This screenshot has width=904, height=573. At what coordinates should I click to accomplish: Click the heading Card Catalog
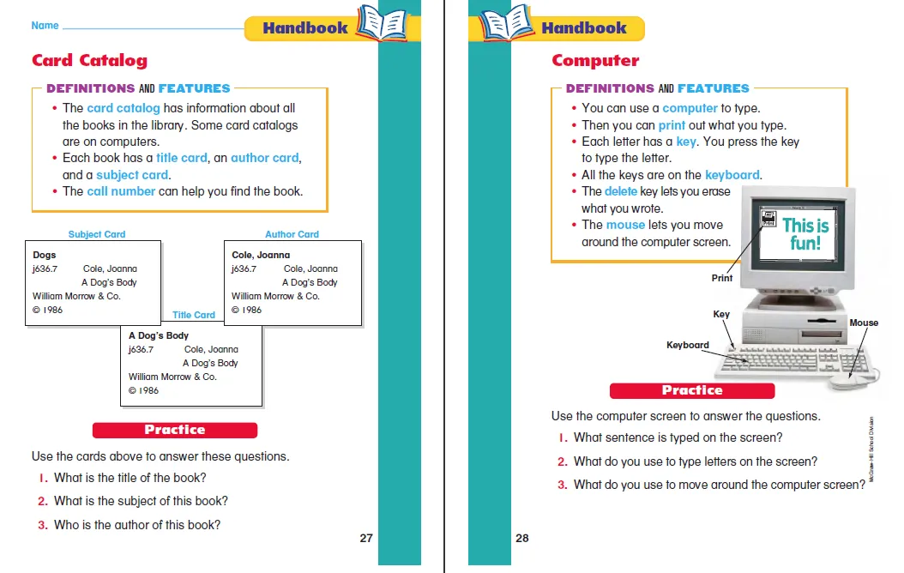coord(89,60)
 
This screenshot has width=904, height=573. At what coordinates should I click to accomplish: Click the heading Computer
coord(595,60)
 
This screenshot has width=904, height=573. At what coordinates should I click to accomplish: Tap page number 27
coord(366,539)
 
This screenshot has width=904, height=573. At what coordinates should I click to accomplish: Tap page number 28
coord(522,539)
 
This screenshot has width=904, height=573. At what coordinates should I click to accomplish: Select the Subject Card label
coord(97,234)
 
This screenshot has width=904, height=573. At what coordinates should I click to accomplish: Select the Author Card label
coord(292,234)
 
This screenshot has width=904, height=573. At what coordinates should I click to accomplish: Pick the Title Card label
coord(194,315)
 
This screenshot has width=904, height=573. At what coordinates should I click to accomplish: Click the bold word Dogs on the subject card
coord(45,255)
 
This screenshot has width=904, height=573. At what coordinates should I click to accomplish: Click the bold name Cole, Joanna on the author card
coord(261,255)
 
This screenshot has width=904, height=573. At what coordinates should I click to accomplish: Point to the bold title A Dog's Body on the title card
coord(159,335)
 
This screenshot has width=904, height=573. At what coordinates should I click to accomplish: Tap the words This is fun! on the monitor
coord(806,234)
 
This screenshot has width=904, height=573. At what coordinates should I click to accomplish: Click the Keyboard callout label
coord(688,345)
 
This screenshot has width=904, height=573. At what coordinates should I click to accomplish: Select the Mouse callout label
coord(864,323)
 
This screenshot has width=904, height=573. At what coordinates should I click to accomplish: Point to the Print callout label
coord(722,278)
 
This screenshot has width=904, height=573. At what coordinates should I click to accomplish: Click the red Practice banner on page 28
coord(692,390)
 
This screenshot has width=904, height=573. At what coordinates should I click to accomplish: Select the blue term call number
coord(121,191)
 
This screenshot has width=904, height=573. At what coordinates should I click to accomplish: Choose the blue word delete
coord(621,191)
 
